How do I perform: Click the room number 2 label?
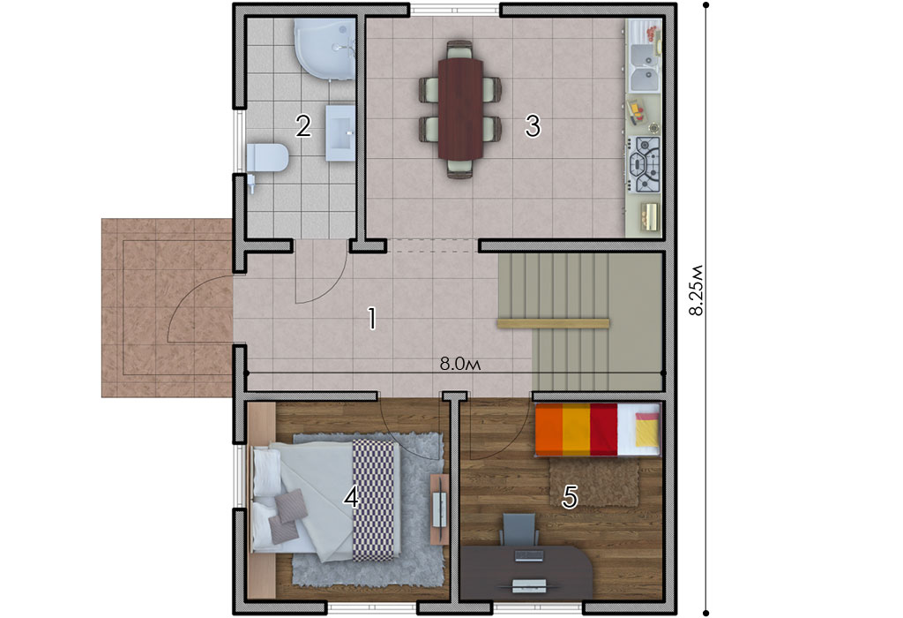tap(303, 126)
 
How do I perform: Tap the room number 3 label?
tap(533, 126)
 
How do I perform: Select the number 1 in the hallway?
tap(373, 318)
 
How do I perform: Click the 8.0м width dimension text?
tap(460, 364)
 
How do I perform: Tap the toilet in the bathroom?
tap(267, 157)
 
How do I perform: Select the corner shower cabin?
tap(325, 49)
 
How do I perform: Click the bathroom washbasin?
tap(340, 132)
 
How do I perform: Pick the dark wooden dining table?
tap(460, 109)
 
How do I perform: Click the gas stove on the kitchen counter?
tap(645, 164)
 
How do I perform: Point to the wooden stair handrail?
tap(554, 323)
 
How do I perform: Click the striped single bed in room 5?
tap(598, 429)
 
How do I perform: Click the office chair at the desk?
tap(520, 530)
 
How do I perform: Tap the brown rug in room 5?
tap(593, 484)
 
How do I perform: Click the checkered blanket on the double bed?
tap(376, 500)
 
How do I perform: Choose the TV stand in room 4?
tap(439, 509)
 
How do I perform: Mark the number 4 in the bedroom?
tap(351, 496)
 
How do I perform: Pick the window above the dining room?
tap(454, 10)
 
